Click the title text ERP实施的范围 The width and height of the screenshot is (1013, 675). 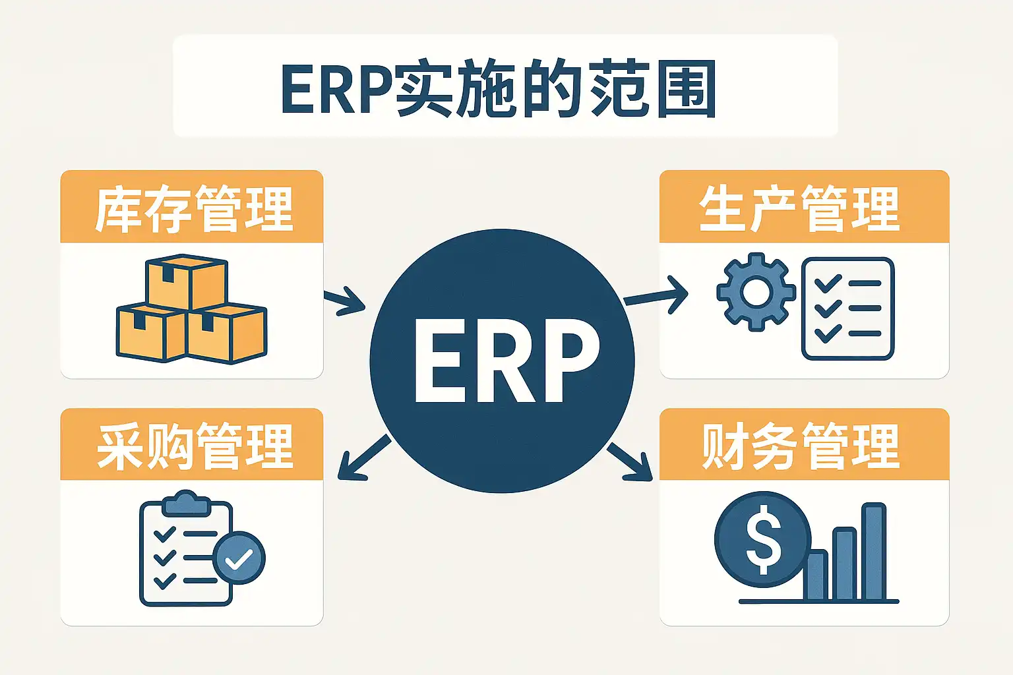pos(499,88)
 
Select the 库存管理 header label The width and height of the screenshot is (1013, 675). pos(193,209)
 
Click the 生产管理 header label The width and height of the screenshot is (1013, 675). pos(799,209)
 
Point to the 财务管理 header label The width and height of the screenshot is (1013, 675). pos(800,447)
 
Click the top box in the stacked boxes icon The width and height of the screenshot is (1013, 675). pos(187,281)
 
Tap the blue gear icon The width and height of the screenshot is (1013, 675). pos(755,291)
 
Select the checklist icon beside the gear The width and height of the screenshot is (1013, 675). pos(847,308)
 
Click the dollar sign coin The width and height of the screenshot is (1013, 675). pos(762,539)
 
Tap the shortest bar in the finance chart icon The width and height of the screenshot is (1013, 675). pos(816,575)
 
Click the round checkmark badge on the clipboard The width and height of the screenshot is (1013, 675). pos(239,558)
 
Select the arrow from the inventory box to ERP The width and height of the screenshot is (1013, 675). pos(344,301)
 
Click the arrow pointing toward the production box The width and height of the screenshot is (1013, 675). pos(656,294)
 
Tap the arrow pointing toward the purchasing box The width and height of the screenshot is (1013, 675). pos(364,457)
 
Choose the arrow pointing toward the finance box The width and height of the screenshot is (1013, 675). pos(630,461)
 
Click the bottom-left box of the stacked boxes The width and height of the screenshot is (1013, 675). pos(151,333)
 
